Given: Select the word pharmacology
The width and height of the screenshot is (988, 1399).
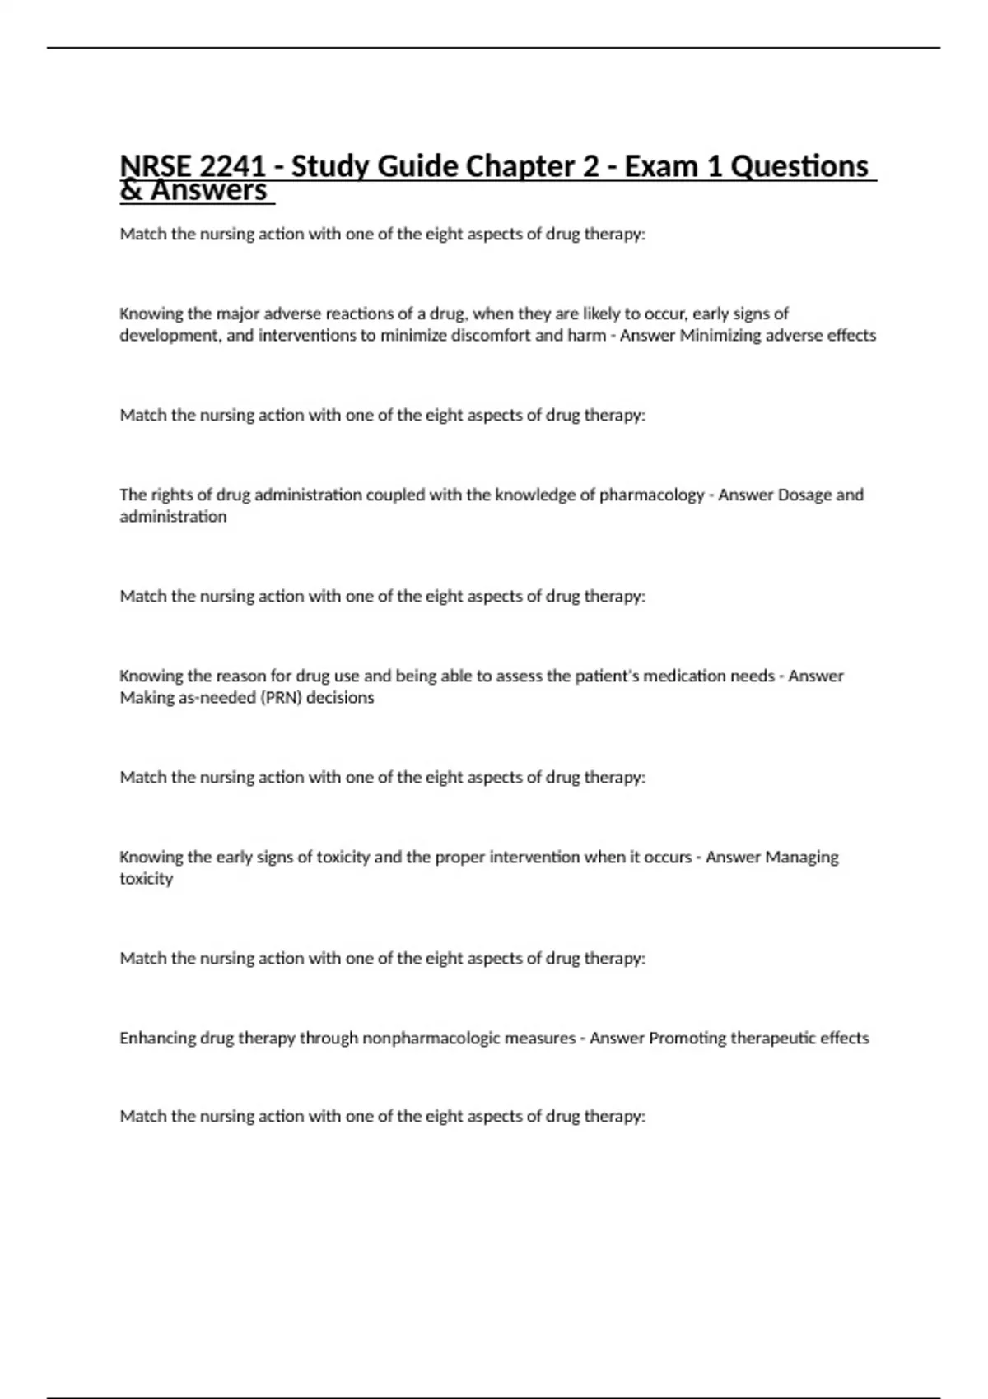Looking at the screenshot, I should click(651, 495).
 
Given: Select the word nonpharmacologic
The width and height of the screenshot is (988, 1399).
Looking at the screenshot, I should click(431, 1039).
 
